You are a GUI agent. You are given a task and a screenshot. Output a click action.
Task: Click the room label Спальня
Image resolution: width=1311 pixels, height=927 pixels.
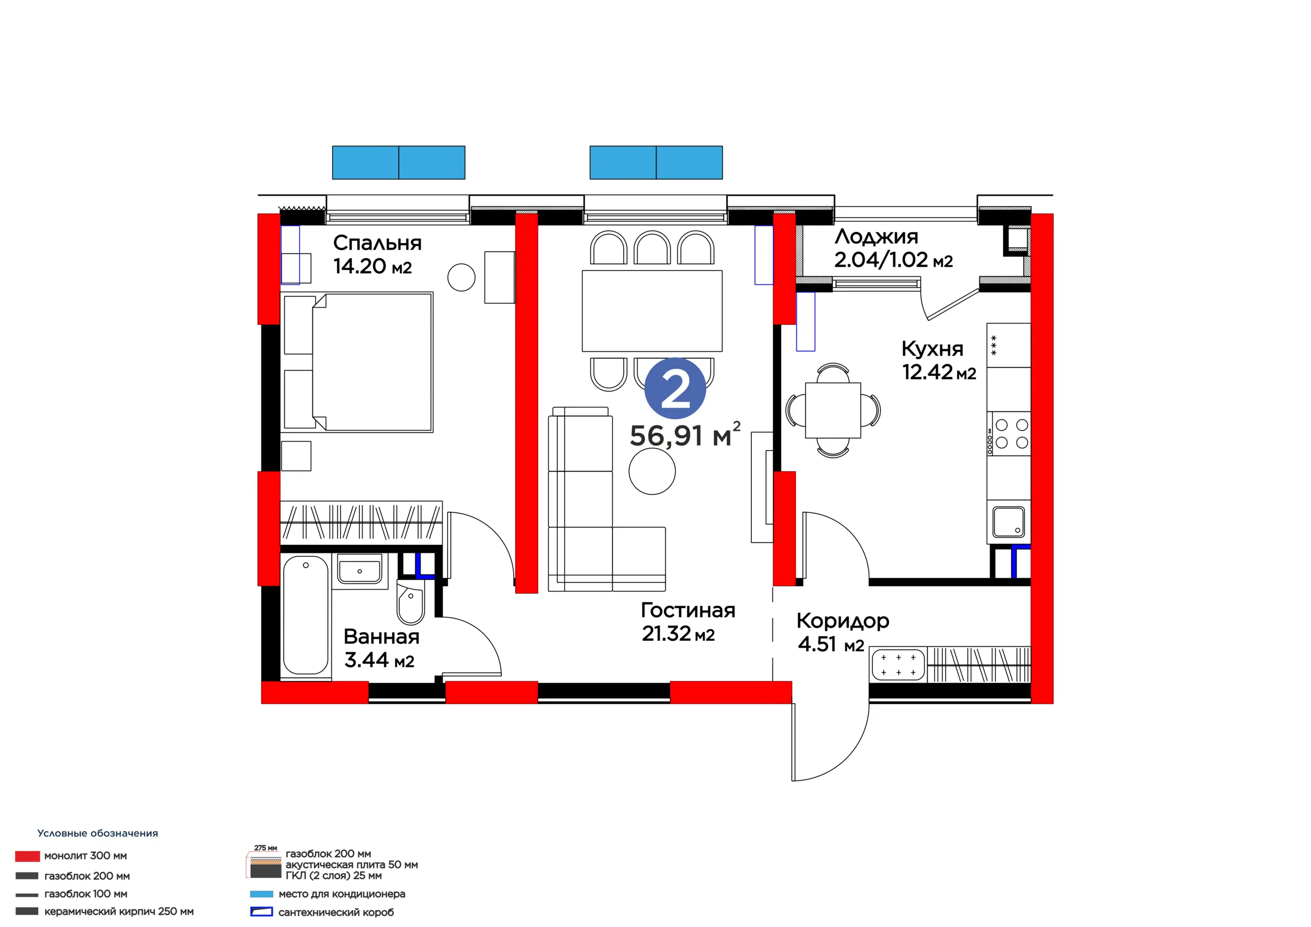[377, 243]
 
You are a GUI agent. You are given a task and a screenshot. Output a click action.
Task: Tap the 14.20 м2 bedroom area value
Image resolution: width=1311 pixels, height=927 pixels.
[372, 267]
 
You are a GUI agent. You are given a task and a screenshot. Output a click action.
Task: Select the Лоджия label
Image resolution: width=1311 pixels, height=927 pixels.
[876, 237]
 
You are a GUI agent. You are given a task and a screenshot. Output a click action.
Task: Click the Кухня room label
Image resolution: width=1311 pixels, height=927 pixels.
[933, 349]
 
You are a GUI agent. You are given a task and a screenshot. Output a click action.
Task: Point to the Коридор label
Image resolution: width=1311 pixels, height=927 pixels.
[843, 621]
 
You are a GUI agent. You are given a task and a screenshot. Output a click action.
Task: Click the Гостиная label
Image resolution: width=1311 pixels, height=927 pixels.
[688, 610]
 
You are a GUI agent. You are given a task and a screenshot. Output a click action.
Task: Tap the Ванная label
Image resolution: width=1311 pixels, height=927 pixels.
[382, 637]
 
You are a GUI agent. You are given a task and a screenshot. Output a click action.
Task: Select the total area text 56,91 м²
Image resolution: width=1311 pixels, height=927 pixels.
[685, 435]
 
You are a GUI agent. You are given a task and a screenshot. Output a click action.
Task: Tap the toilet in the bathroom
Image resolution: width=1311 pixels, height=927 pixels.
[411, 603]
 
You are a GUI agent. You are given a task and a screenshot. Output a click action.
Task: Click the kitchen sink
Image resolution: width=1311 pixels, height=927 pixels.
[1009, 522]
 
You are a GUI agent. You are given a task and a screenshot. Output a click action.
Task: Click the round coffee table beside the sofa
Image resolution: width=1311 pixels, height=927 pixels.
[652, 471]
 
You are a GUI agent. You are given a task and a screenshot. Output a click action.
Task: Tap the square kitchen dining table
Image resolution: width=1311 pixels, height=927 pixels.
[833, 410]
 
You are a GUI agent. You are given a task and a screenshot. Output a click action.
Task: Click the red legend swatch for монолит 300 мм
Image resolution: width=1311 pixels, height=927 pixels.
[28, 856]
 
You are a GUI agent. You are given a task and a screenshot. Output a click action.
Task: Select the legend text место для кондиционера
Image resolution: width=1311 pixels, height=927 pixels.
[342, 894]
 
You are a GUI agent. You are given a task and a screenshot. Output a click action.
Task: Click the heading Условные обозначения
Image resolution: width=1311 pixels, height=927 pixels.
[98, 833]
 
